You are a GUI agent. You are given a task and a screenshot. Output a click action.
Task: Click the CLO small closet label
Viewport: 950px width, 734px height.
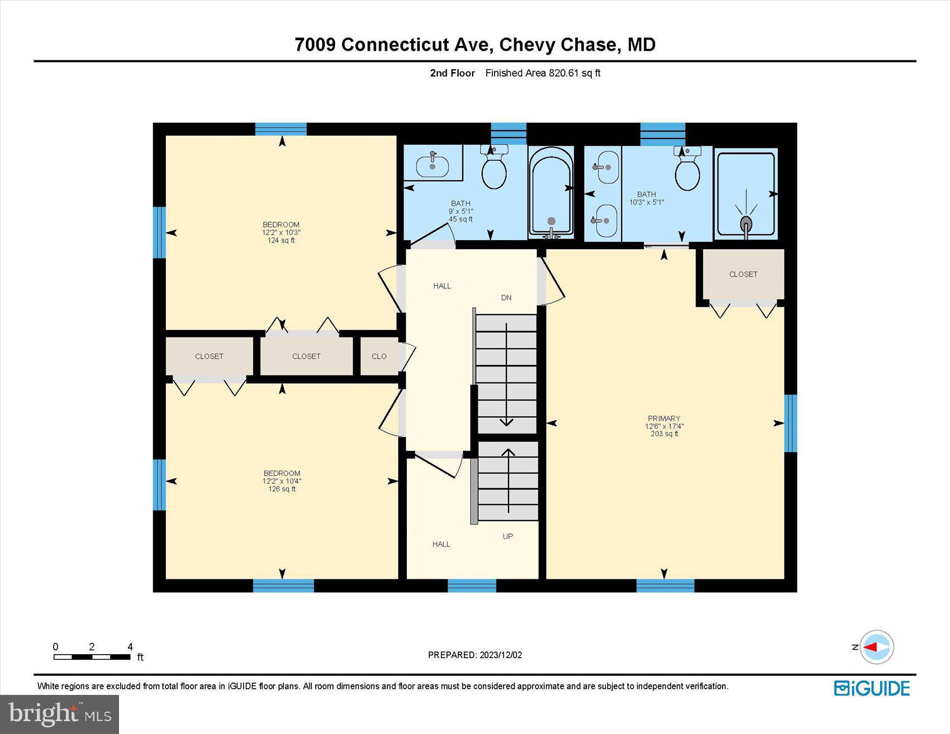pyautogui.click(x=379, y=356)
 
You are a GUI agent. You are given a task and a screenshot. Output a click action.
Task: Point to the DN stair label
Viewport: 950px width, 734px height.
pyautogui.click(x=506, y=298)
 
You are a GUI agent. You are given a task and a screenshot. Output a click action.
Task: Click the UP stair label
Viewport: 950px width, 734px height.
pyautogui.click(x=507, y=536)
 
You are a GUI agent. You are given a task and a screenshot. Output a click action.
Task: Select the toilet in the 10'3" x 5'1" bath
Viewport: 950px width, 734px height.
pyautogui.click(x=687, y=170)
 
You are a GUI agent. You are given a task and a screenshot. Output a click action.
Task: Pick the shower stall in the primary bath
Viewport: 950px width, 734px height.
pyautogui.click(x=745, y=194)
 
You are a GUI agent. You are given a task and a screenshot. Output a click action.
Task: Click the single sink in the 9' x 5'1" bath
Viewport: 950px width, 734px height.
pyautogui.click(x=433, y=164)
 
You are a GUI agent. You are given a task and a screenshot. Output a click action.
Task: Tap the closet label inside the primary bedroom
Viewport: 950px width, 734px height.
pyautogui.click(x=743, y=274)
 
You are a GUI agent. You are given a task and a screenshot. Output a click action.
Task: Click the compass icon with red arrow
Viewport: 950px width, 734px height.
pyautogui.click(x=876, y=647)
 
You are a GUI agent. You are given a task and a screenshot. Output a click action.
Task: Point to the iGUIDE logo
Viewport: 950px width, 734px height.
pyautogui.click(x=872, y=688)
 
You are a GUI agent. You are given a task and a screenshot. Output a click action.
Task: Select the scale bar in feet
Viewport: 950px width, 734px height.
pyautogui.click(x=92, y=656)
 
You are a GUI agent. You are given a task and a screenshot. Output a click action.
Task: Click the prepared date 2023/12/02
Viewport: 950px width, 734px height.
pyautogui.click(x=475, y=655)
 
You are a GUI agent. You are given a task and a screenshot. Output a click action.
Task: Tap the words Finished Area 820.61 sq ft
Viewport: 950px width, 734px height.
pyautogui.click(x=543, y=73)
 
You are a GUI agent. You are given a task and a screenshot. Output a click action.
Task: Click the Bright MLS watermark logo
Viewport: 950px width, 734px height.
pyautogui.click(x=59, y=714)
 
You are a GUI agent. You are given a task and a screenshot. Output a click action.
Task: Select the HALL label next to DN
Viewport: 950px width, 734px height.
pyautogui.click(x=442, y=286)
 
